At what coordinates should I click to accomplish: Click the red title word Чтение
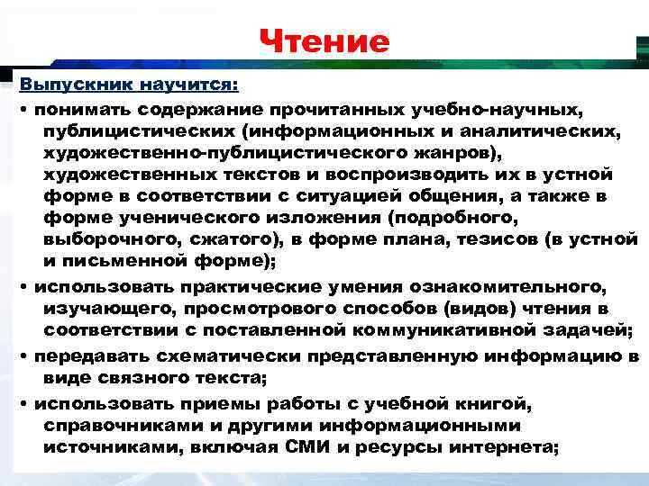coord(324,41)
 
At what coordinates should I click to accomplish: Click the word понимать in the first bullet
coord(79,109)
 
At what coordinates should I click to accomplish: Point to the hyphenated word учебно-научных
coord(497,109)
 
